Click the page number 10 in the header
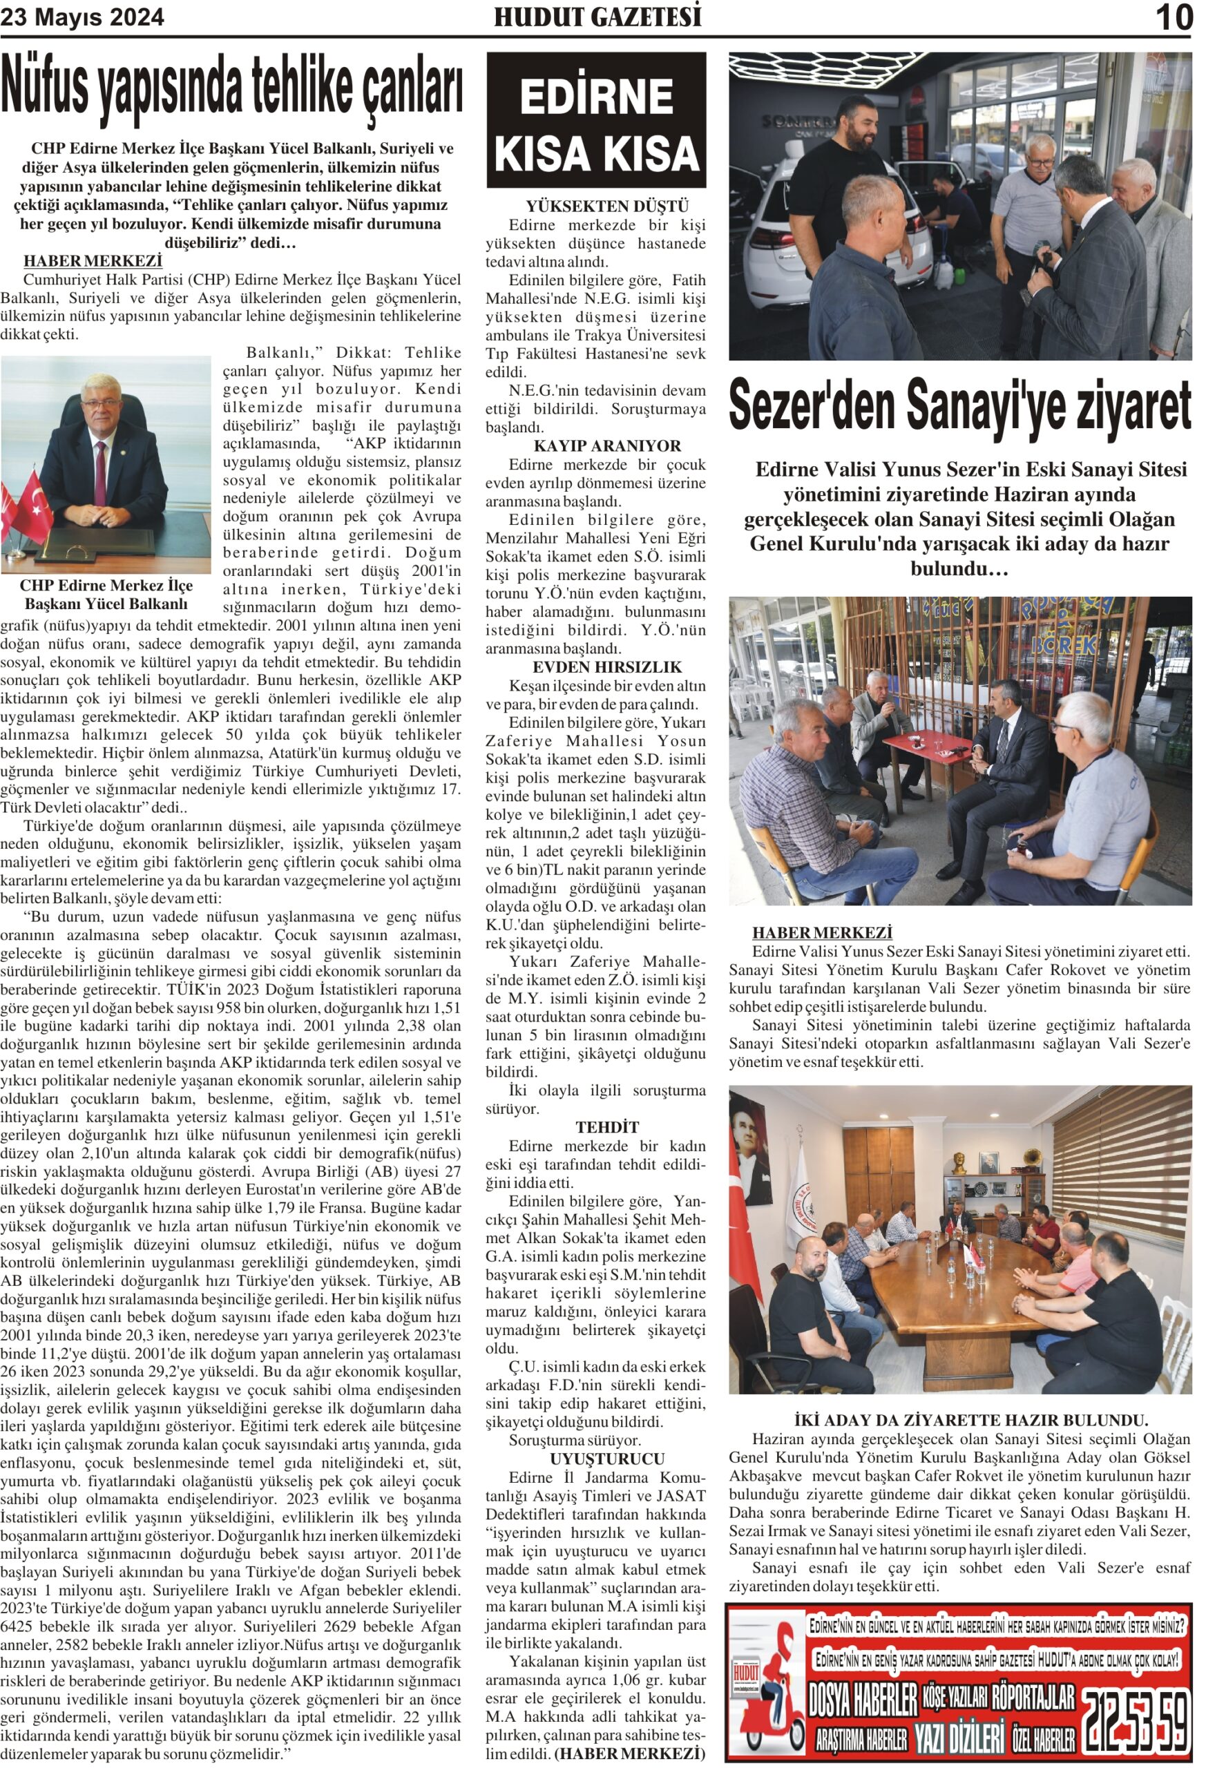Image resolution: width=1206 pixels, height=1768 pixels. (1174, 17)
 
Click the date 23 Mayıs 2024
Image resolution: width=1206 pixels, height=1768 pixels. (82, 17)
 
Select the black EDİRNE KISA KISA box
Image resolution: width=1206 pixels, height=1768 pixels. (596, 119)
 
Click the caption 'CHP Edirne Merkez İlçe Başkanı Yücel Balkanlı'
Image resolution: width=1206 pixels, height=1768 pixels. (106, 594)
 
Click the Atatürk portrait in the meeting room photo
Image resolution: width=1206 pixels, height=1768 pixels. (749, 1142)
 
